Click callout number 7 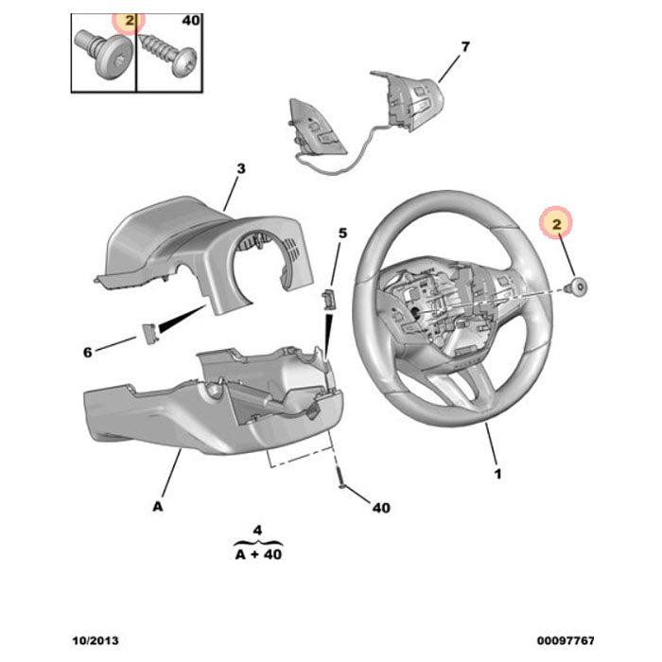pos(464,46)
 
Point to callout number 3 pos(240,169)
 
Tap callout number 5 pos(343,233)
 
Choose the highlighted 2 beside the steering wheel pos(557,224)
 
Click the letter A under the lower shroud pos(157,507)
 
